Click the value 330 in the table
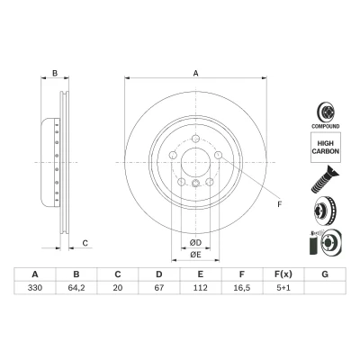point(35,288)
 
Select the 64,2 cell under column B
point(76,288)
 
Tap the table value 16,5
point(242,288)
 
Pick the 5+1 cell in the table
point(283,288)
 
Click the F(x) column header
point(283,274)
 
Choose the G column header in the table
point(325,274)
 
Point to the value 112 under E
point(201,288)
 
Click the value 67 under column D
point(159,288)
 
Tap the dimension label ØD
point(195,242)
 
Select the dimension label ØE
point(195,255)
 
